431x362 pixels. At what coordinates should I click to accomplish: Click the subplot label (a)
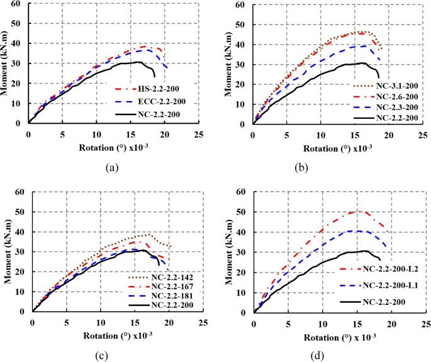coord(111,168)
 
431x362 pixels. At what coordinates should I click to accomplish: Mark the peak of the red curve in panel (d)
coord(359,211)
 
